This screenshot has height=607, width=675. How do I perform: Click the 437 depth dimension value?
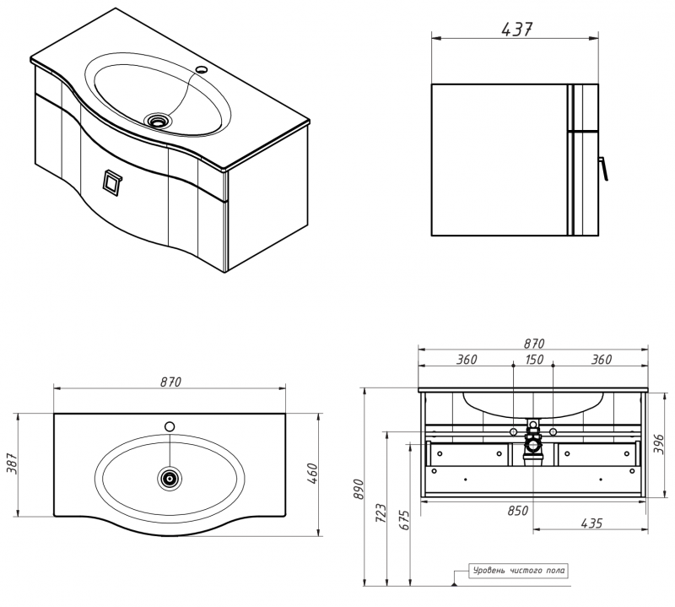click(x=516, y=29)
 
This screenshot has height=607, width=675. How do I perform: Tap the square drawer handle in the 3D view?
click(x=111, y=181)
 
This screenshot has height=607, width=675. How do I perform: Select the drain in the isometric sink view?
click(x=156, y=120)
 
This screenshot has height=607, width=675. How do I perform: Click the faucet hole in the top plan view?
click(x=170, y=425)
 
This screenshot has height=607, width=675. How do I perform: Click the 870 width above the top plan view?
click(x=170, y=382)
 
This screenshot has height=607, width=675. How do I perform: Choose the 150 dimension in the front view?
click(x=533, y=360)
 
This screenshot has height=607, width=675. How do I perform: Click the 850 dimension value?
click(x=518, y=510)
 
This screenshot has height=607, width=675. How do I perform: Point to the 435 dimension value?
click(x=591, y=523)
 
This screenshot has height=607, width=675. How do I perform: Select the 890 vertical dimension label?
click(x=357, y=489)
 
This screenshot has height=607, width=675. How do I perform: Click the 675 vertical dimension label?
click(x=404, y=518)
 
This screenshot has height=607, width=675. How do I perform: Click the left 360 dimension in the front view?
click(x=466, y=360)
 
